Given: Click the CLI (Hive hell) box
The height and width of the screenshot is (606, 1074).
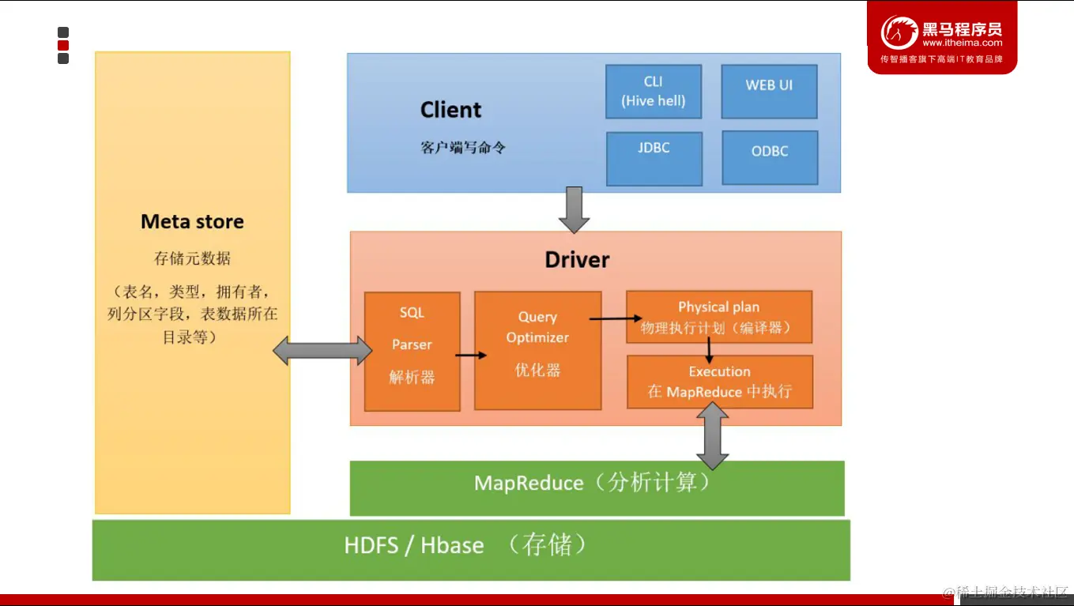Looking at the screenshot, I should tap(654, 92).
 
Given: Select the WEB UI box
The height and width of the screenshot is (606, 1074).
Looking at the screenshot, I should tap(769, 92).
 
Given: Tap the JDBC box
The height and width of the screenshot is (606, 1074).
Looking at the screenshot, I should tap(654, 158).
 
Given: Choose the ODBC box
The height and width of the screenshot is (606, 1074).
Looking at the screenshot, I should tap(770, 158).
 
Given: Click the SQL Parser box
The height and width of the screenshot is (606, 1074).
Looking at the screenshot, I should tap(412, 351).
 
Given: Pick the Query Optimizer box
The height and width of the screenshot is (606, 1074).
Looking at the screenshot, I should tap(537, 350).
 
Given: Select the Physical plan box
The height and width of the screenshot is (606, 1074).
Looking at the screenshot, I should tap(718, 317).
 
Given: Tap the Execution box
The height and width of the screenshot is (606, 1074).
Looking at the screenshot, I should tap(719, 382).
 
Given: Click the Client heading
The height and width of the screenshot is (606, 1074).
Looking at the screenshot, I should tap(450, 110).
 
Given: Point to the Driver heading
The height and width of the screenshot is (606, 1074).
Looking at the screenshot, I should tap(577, 260).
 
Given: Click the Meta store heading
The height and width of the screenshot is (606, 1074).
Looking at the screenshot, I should tap(192, 222).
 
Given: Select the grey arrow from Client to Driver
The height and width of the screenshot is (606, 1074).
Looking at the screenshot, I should tap(575, 209).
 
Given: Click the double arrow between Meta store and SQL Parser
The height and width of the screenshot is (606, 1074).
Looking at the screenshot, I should tap(322, 350).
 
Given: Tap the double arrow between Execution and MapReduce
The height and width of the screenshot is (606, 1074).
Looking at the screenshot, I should tap(713, 435).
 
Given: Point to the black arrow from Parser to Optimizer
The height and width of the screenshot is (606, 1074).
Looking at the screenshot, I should tap(471, 356).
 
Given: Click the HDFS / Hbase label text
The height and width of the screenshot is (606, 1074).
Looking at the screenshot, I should tap(413, 545).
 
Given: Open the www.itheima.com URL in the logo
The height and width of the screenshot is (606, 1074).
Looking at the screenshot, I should tap(962, 43).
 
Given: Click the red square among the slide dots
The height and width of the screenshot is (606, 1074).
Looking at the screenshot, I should tap(63, 46).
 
